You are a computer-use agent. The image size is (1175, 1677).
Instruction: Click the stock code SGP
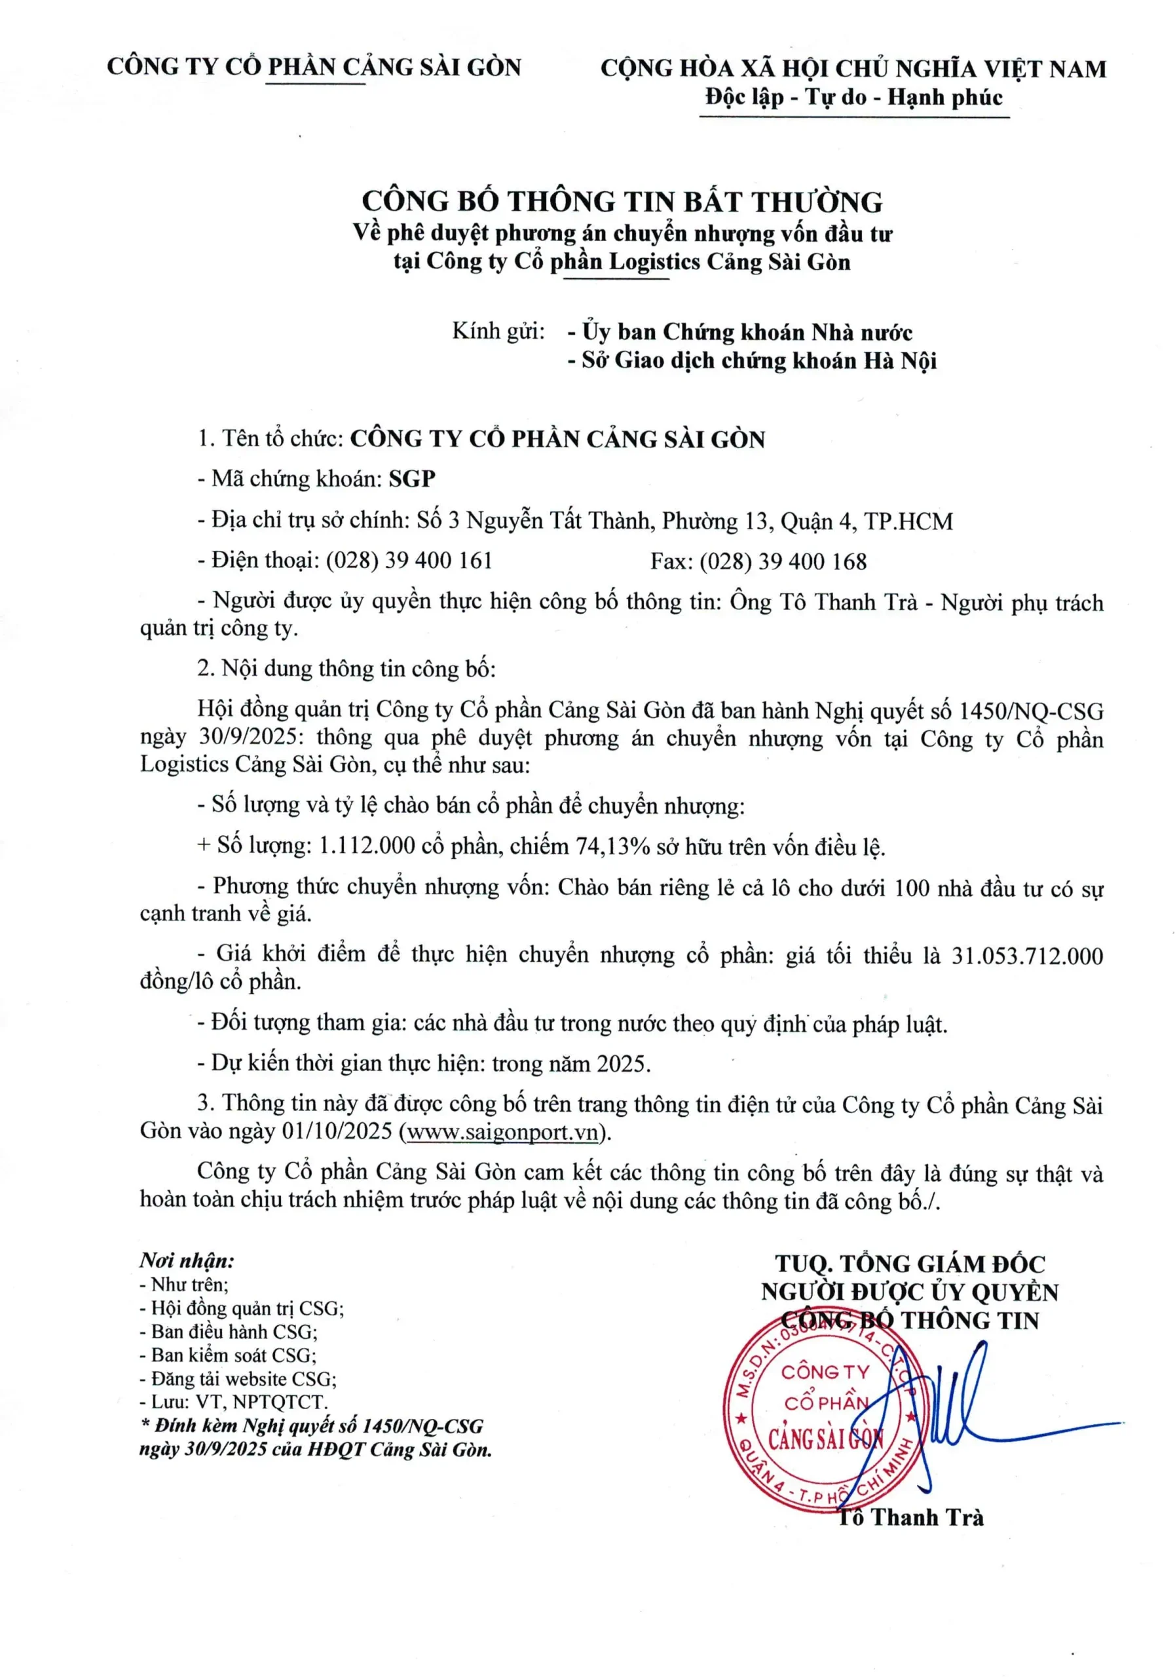(412, 478)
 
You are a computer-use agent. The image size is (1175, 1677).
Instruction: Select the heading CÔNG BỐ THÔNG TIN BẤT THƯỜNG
(622, 201)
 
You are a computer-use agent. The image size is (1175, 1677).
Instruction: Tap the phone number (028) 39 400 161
(409, 560)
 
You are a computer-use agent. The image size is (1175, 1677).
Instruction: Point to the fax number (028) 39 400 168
(783, 561)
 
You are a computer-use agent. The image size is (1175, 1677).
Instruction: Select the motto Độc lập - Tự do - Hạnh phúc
(853, 97)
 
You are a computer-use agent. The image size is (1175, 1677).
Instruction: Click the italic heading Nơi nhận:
(187, 1260)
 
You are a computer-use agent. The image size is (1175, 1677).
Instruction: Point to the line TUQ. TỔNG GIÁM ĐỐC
(910, 1264)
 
